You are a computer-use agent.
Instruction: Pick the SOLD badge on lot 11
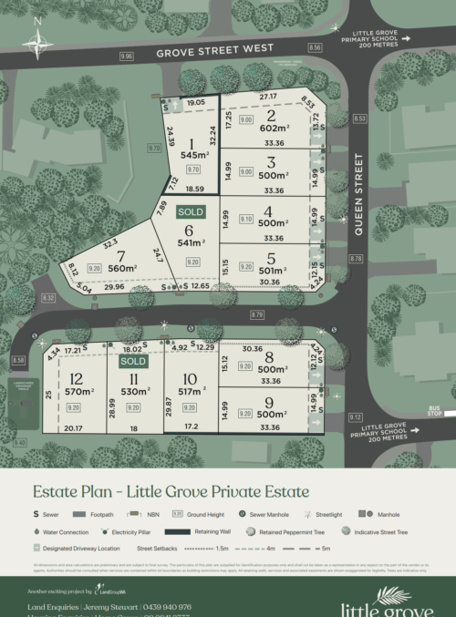[x=133, y=361]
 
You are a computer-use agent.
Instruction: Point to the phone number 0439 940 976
[x=167, y=606]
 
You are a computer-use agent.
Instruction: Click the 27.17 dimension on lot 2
[x=267, y=96]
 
